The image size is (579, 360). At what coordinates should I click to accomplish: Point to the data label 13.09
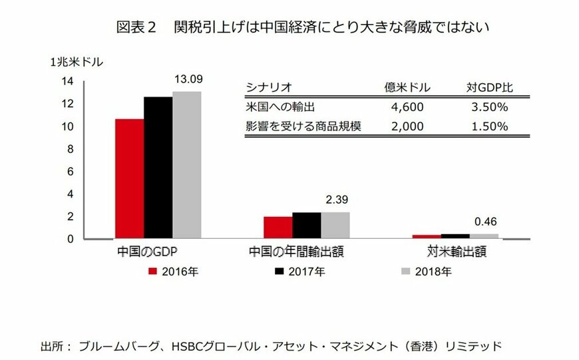(x=188, y=79)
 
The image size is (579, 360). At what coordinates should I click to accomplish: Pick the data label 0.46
(x=484, y=222)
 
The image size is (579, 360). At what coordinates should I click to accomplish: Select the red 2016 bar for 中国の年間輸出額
(x=278, y=227)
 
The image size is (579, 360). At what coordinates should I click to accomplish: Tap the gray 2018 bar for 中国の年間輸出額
(x=335, y=225)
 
